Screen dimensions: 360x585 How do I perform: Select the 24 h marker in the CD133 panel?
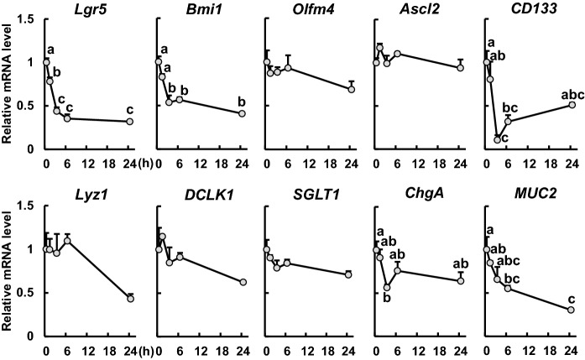(x=572, y=104)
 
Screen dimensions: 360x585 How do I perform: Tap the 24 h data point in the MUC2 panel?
(x=572, y=310)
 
